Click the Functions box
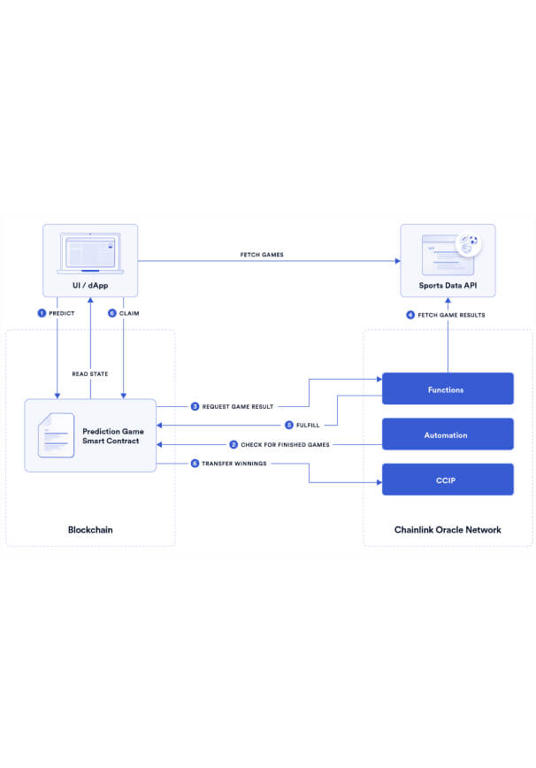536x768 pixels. click(x=448, y=389)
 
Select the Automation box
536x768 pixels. click(x=448, y=434)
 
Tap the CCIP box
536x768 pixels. click(x=448, y=480)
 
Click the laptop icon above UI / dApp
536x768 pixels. click(x=90, y=253)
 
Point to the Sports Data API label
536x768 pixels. click(x=448, y=285)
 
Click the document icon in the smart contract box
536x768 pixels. click(x=57, y=435)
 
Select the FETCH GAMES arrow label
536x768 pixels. click(x=262, y=255)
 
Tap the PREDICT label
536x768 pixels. click(x=62, y=313)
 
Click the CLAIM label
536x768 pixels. click(x=129, y=313)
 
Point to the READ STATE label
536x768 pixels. click(x=90, y=373)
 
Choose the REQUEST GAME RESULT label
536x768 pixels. click(x=238, y=406)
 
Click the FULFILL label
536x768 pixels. click(x=308, y=425)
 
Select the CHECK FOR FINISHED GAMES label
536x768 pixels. click(x=285, y=445)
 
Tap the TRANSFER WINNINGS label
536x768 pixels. click(x=234, y=464)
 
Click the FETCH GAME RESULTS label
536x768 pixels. click(x=451, y=315)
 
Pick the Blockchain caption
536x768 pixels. click(x=90, y=529)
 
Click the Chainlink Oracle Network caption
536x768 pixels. click(x=448, y=529)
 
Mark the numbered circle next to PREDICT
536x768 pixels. click(x=42, y=313)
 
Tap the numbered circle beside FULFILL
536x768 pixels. click(x=289, y=425)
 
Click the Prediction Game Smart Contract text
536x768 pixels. click(x=113, y=436)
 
